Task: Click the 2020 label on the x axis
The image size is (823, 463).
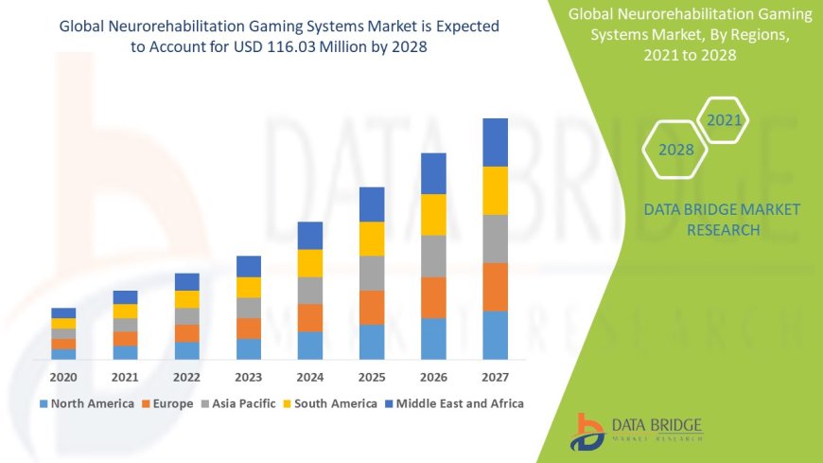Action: (63, 377)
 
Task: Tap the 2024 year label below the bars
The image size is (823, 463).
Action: (310, 377)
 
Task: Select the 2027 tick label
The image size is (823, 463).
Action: (495, 377)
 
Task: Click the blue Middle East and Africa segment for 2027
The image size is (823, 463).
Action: (495, 142)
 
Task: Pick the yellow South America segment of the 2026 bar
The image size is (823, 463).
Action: (433, 214)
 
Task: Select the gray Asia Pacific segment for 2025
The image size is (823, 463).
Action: (372, 273)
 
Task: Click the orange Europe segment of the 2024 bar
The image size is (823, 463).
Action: (310, 317)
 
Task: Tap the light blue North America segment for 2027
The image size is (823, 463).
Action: (495, 335)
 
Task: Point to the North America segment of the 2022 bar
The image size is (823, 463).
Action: (187, 350)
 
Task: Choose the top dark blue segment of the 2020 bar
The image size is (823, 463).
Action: (63, 312)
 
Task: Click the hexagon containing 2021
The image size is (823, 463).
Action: (723, 120)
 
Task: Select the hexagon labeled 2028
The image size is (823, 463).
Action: (675, 150)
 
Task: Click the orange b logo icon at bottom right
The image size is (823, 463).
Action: (587, 432)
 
